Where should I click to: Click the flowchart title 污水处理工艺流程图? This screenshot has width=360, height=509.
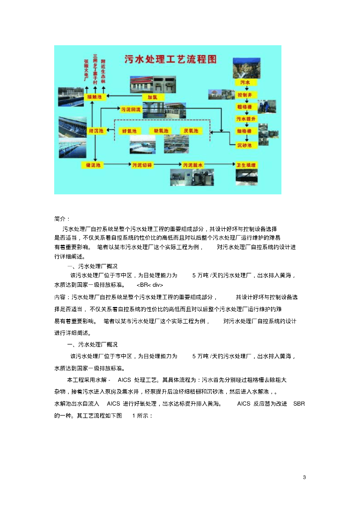(x=170, y=59)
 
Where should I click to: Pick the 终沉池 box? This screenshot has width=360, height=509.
(x=95, y=131)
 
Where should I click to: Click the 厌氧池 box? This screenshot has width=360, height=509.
(x=191, y=131)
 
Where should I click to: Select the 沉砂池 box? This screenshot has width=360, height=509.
(x=244, y=146)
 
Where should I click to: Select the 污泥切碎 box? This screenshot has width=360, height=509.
(x=142, y=164)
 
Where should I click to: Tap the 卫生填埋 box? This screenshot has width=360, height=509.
(x=246, y=165)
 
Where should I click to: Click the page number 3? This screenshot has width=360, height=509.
(x=304, y=478)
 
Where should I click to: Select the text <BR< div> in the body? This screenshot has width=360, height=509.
(x=150, y=285)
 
